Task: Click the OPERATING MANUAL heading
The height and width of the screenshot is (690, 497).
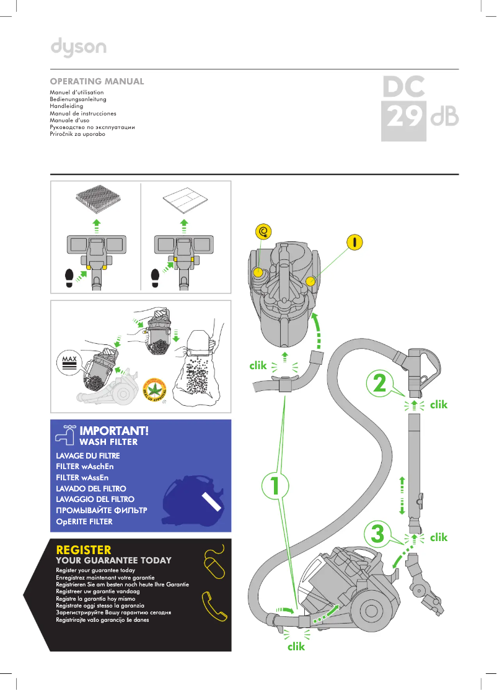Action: [97, 81]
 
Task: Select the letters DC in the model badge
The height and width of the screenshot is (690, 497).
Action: [403, 87]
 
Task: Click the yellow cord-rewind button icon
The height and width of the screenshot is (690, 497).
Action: [264, 232]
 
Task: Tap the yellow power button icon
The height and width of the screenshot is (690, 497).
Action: [354, 241]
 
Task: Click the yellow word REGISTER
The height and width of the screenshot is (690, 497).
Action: [84, 550]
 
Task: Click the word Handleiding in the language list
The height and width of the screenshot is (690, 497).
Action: [66, 106]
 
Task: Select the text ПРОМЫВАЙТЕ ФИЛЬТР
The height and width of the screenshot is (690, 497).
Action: [101, 510]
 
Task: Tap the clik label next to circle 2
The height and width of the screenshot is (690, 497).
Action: [438, 404]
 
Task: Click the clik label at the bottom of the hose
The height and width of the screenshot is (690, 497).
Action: [296, 646]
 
